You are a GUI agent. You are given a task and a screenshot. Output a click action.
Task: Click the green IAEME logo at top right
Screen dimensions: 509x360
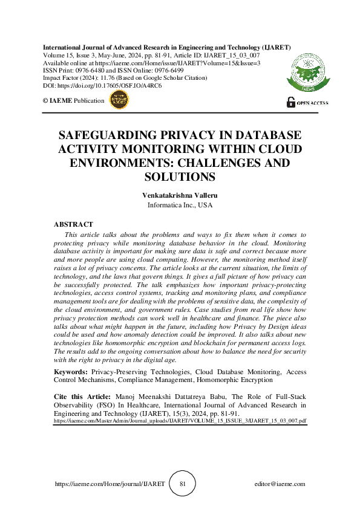[308, 71]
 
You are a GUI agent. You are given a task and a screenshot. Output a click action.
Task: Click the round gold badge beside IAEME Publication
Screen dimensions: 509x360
[118, 101]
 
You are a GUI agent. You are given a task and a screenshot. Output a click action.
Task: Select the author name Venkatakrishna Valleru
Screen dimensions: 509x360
[179, 195]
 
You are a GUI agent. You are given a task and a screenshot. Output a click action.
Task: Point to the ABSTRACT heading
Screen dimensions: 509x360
[73, 224]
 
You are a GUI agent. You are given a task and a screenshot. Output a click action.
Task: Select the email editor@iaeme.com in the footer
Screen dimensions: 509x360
[280, 484]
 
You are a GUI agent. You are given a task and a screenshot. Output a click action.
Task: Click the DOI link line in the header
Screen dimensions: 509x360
[102, 86]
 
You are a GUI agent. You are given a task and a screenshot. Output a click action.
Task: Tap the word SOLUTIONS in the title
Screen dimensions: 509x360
[180, 177]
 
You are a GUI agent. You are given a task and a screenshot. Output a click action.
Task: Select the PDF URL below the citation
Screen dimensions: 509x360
[180, 418]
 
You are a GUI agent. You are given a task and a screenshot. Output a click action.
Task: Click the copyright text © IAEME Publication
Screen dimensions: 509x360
[73, 100]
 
